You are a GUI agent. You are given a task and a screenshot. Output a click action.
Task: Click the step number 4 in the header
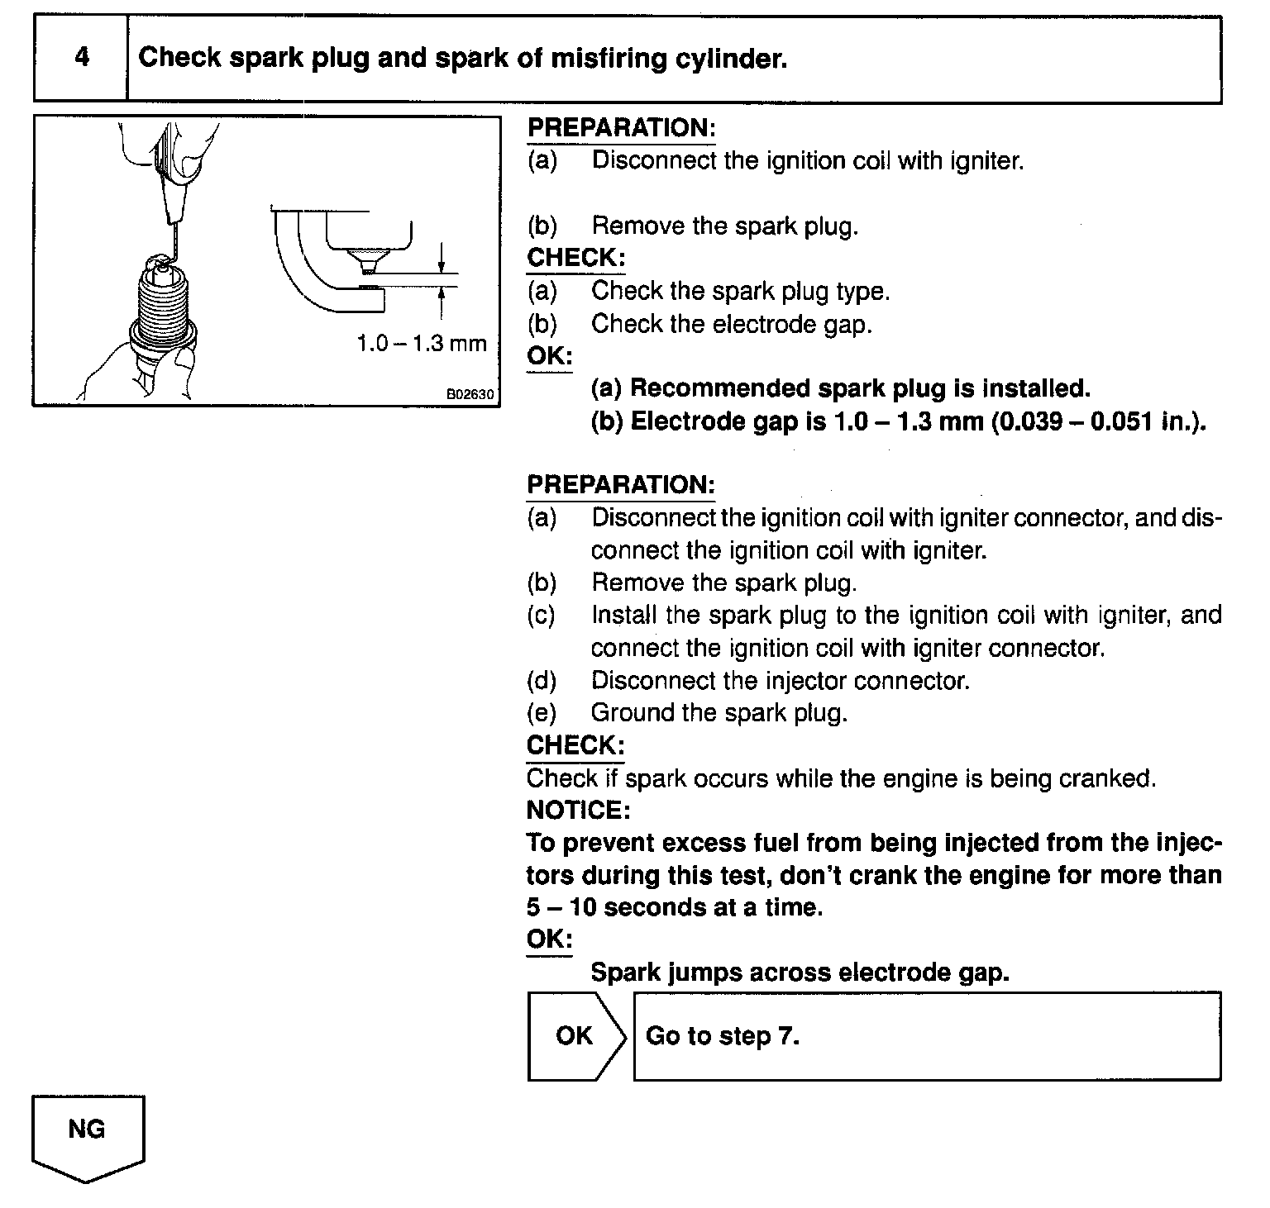coord(81,58)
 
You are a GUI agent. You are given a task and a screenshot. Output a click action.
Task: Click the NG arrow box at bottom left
coord(88,1134)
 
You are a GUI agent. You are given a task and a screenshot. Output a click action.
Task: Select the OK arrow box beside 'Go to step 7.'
coord(575,1036)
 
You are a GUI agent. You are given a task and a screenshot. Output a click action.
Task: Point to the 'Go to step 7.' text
coord(723,1036)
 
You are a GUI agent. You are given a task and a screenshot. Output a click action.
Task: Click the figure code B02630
coord(470,395)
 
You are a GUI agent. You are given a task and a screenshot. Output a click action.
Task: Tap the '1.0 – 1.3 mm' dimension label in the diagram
coord(422,344)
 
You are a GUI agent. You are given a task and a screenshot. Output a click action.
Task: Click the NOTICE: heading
coord(579,810)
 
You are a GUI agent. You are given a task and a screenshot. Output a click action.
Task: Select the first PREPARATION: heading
coord(621,128)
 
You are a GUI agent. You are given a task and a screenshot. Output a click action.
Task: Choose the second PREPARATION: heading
coord(621,485)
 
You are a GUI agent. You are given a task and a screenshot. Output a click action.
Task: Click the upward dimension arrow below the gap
coord(442,302)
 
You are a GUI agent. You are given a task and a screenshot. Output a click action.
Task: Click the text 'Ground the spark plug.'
coord(719,712)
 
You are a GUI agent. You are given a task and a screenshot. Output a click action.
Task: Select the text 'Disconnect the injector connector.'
coord(780,680)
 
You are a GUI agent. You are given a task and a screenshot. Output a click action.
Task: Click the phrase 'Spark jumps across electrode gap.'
coord(800,973)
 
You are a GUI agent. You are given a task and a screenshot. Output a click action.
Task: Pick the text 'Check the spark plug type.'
coord(740,291)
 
